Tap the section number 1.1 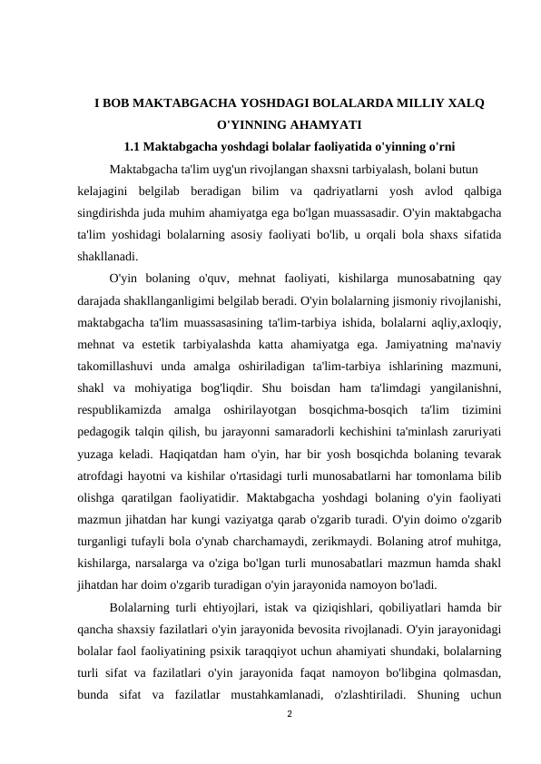(x=134, y=145)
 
